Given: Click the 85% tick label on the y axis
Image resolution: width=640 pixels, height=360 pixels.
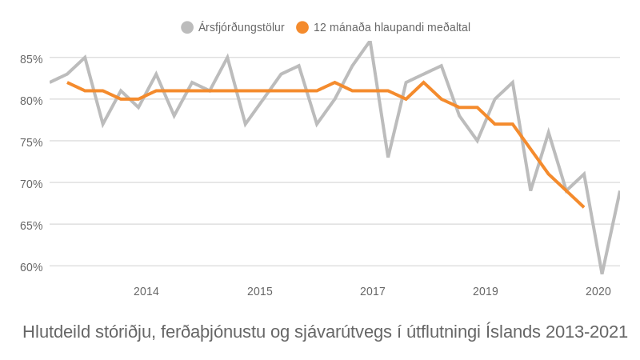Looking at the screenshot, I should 31,59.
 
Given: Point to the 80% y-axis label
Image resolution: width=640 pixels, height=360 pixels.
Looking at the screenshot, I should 31,101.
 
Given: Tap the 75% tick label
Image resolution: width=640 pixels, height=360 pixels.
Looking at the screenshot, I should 31,142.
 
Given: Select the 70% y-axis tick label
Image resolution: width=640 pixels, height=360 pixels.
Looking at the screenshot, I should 31,184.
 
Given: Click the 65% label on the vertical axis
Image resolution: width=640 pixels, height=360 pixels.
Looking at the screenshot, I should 31,226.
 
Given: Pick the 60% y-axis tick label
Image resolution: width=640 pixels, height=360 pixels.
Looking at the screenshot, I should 31,267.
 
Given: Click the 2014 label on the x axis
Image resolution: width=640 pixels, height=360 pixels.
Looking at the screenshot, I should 146,291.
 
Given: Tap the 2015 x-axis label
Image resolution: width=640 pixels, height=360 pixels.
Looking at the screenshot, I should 260,291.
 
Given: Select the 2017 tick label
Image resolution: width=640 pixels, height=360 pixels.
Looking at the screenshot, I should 373,291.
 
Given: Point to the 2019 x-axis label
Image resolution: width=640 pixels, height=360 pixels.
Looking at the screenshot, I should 486,291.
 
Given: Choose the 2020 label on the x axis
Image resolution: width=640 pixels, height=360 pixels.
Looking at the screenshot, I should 598,291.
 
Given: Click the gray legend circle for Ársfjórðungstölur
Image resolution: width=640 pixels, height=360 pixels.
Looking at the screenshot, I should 187,27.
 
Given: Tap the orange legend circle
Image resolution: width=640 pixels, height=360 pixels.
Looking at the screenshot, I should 302,27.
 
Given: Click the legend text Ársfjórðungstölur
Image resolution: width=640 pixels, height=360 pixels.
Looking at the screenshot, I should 242,27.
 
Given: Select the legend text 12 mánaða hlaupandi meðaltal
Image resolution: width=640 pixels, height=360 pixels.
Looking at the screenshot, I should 392,27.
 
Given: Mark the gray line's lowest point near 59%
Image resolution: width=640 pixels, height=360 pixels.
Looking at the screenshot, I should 602,273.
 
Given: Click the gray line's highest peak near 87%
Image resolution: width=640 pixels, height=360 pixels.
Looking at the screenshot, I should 370,42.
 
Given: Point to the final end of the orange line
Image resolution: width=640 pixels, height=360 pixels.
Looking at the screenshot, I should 584,207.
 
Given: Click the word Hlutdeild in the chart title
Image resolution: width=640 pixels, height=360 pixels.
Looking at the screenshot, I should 57,332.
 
